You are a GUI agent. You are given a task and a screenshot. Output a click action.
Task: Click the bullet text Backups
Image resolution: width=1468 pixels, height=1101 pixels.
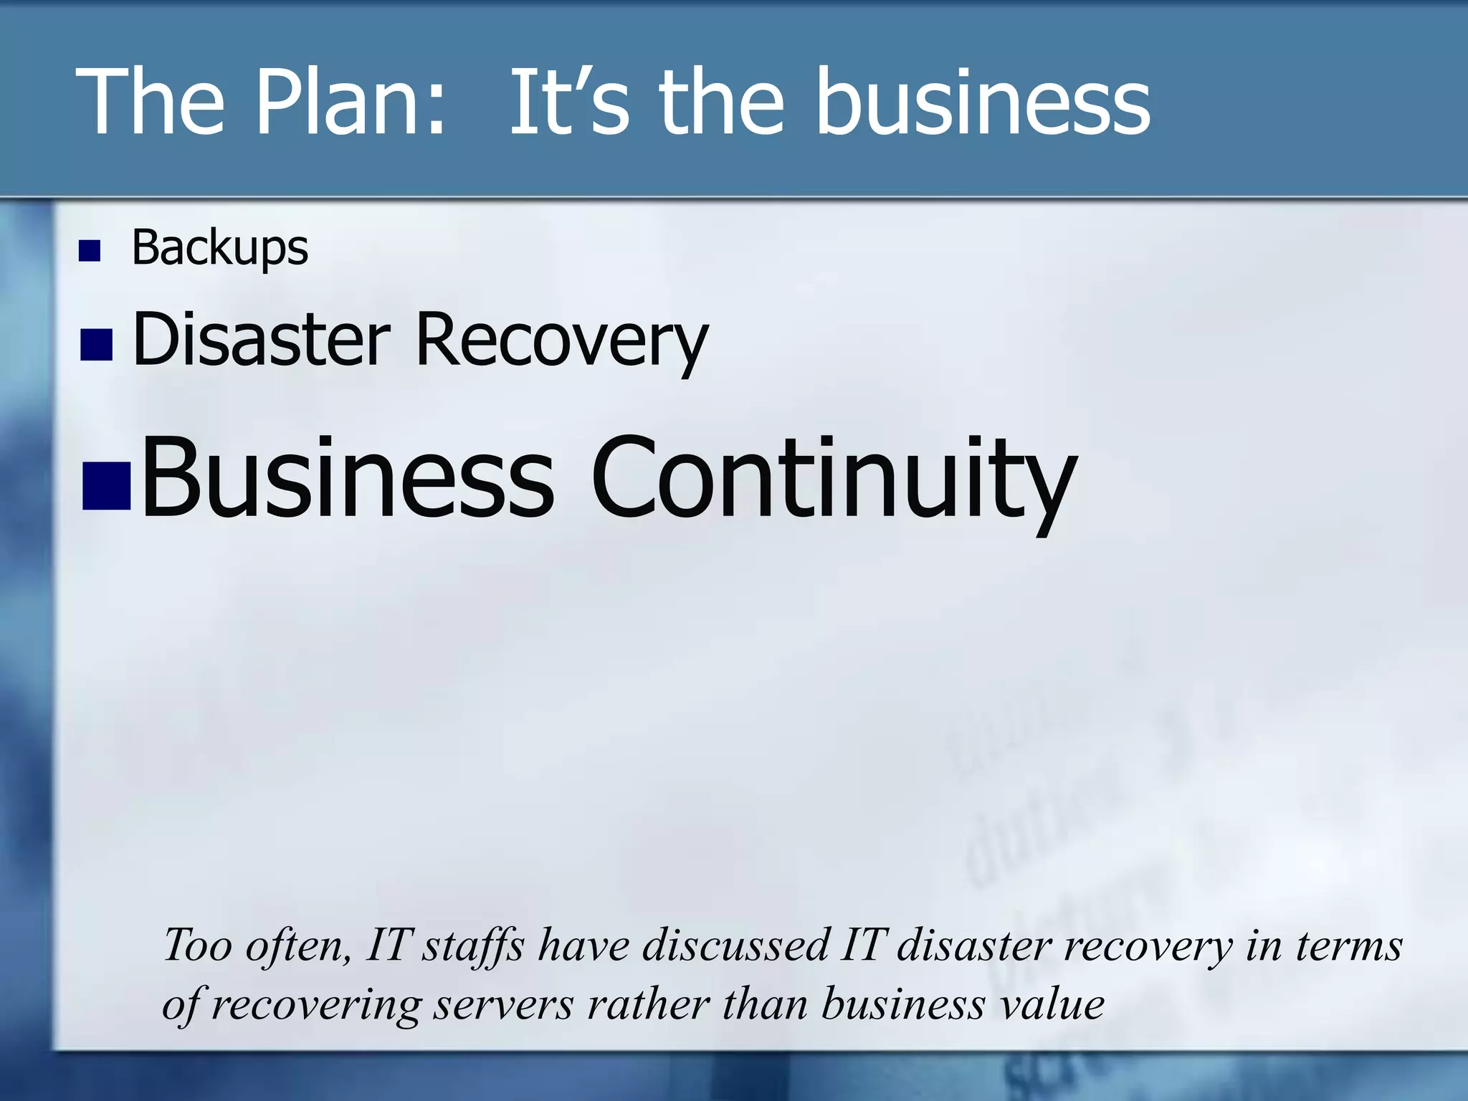click(219, 248)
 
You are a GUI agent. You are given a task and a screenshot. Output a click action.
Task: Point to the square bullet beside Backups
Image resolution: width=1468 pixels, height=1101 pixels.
click(90, 251)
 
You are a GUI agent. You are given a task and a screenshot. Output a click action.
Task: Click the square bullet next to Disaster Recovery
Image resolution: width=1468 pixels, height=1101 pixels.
click(97, 344)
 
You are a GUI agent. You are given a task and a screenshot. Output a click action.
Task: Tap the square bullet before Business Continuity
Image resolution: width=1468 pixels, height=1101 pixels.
click(106, 485)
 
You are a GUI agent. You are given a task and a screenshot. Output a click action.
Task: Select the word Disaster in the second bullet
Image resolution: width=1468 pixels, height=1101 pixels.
click(262, 338)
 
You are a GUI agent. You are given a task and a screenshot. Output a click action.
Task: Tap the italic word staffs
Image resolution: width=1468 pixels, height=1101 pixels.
click(473, 945)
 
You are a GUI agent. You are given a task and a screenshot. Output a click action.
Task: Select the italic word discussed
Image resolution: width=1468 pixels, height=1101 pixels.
click(736, 945)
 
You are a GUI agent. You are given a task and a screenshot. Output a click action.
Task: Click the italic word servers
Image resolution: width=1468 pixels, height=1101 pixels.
click(504, 1004)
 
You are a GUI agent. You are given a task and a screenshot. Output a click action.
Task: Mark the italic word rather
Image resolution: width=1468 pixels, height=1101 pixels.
click(648, 1004)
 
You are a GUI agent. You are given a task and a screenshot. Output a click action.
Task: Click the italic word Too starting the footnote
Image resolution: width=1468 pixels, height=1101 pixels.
click(198, 945)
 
